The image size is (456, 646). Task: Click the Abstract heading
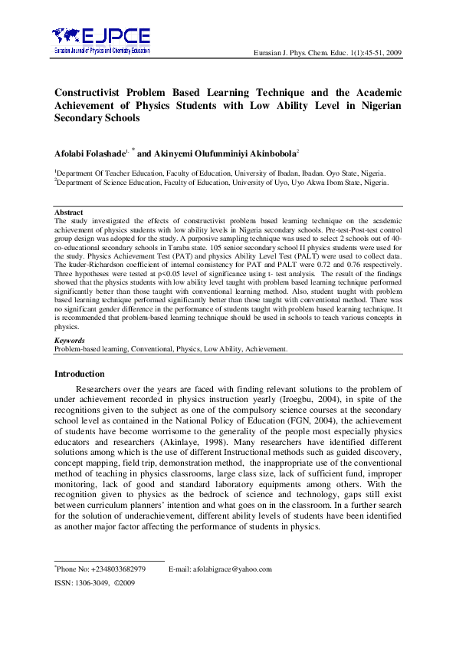[68, 212]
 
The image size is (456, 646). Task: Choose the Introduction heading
[79, 374]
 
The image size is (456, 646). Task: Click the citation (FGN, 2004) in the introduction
[297, 421]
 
